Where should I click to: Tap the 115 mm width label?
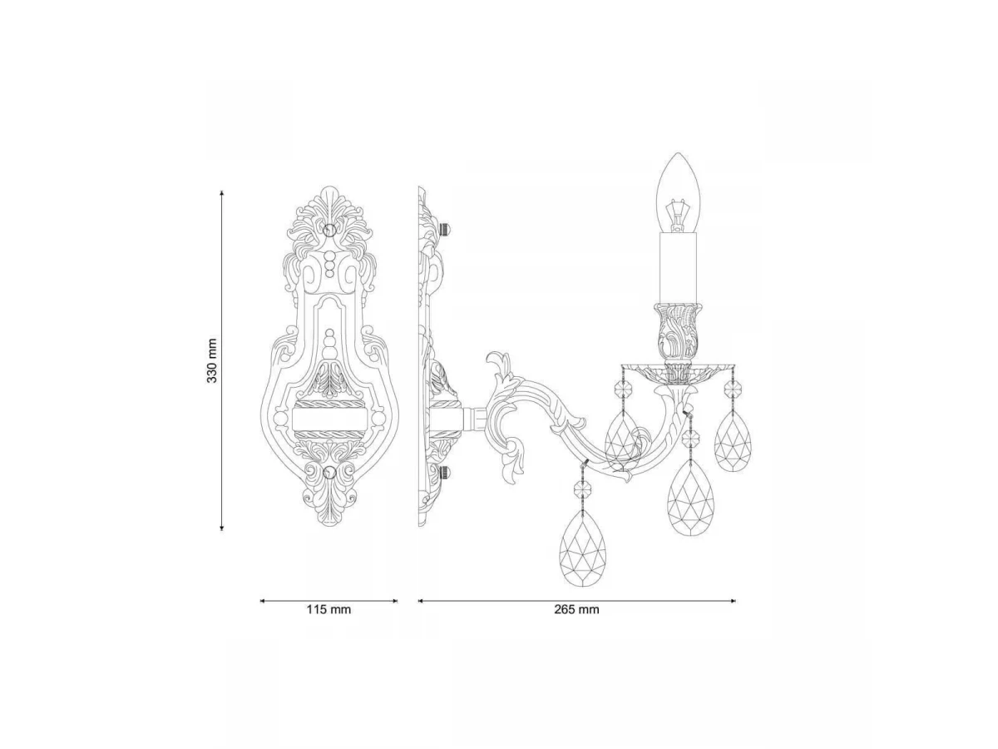tap(329, 609)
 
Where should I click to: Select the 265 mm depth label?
tap(576, 609)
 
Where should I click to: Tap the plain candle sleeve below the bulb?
tap(678, 268)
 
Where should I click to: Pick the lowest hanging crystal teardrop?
tap(583, 547)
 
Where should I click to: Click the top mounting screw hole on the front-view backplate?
tap(329, 230)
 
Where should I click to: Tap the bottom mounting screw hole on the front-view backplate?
tap(329, 472)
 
